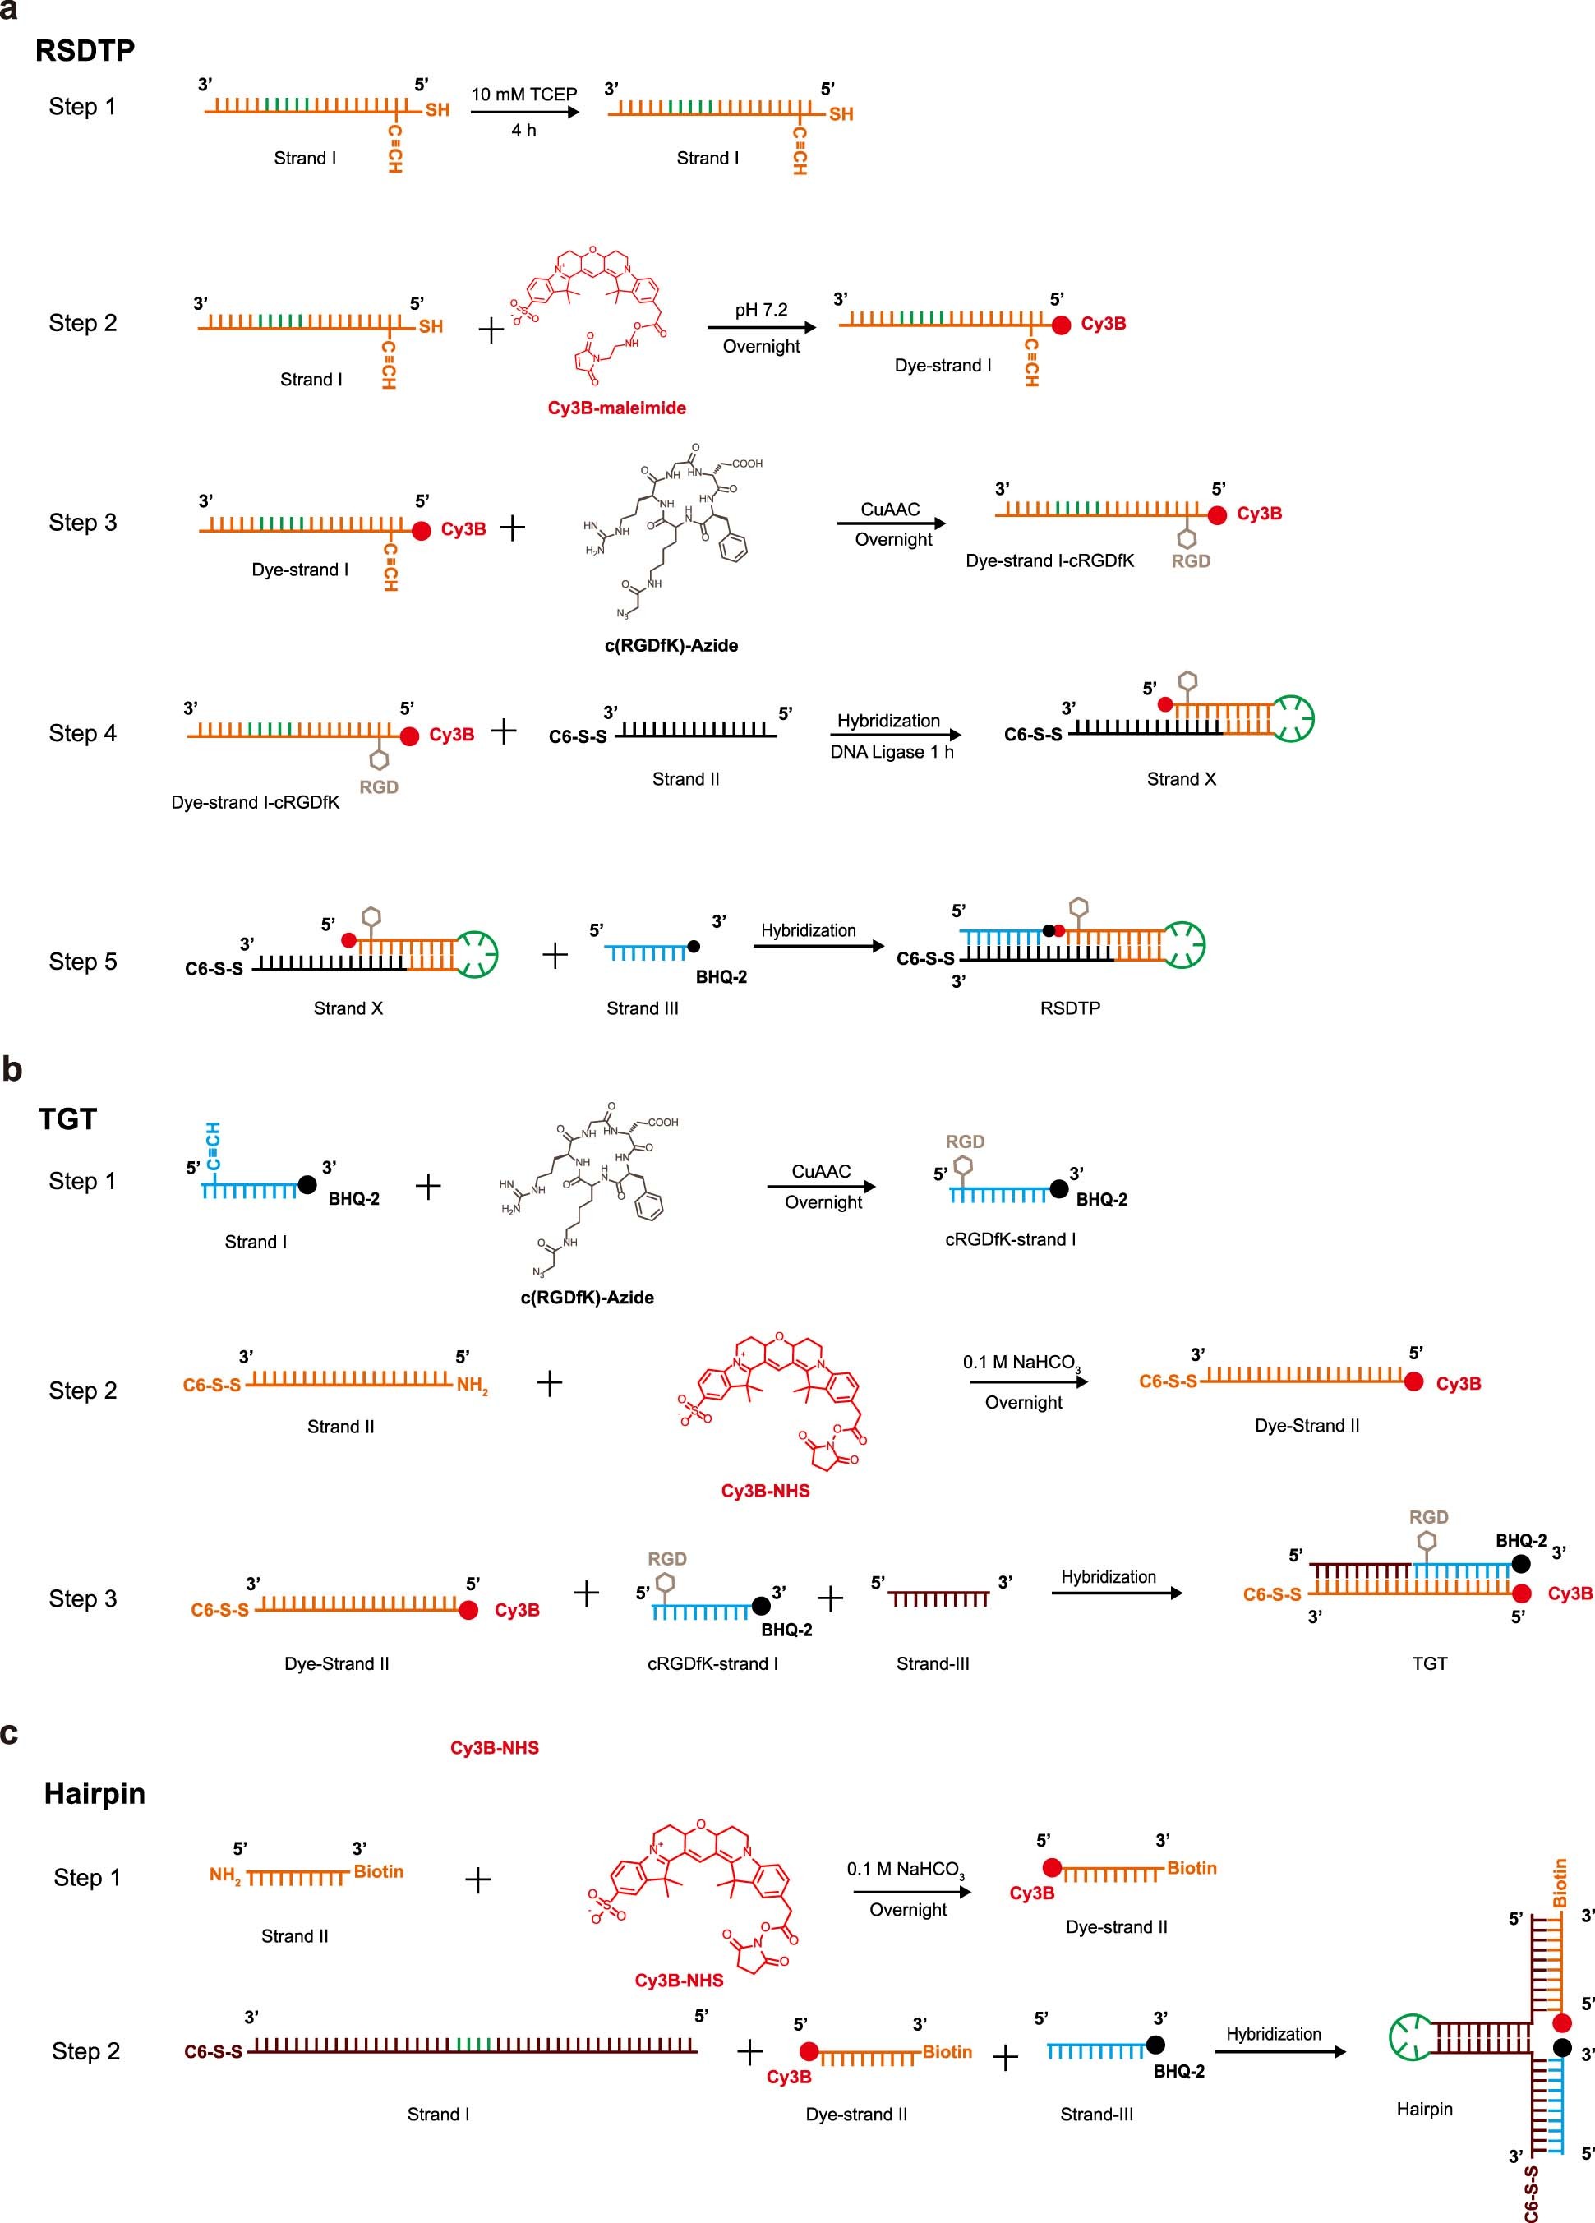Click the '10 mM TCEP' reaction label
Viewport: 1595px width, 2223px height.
click(x=523, y=94)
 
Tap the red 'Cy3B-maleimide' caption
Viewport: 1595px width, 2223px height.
click(x=615, y=408)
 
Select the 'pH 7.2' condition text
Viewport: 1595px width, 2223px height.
click(x=761, y=310)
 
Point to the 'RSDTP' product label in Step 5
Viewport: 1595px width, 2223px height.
click(x=1070, y=1008)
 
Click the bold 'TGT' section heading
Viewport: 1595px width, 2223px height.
click(x=67, y=1118)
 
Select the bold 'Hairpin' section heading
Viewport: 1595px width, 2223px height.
click(x=95, y=1794)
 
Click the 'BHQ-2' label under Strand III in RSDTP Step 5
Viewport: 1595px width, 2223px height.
click(x=721, y=977)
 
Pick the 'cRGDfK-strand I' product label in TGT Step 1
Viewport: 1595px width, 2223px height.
click(x=1010, y=1239)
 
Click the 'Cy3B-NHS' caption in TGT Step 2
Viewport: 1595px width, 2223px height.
click(x=765, y=1491)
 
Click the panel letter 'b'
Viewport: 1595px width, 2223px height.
click(x=12, y=1069)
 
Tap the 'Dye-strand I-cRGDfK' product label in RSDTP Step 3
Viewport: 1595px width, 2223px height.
click(x=1049, y=560)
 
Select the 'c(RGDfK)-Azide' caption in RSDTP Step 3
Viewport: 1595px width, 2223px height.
click(x=671, y=645)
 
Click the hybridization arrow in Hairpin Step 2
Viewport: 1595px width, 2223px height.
click(x=1279, y=2051)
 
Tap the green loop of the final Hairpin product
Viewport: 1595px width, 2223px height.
click(x=1410, y=2036)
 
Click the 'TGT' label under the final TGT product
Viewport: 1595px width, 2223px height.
click(x=1428, y=1663)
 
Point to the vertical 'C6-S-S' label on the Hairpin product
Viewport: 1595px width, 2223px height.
click(x=1531, y=2193)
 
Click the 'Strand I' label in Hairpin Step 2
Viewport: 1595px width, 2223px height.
click(x=438, y=2115)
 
